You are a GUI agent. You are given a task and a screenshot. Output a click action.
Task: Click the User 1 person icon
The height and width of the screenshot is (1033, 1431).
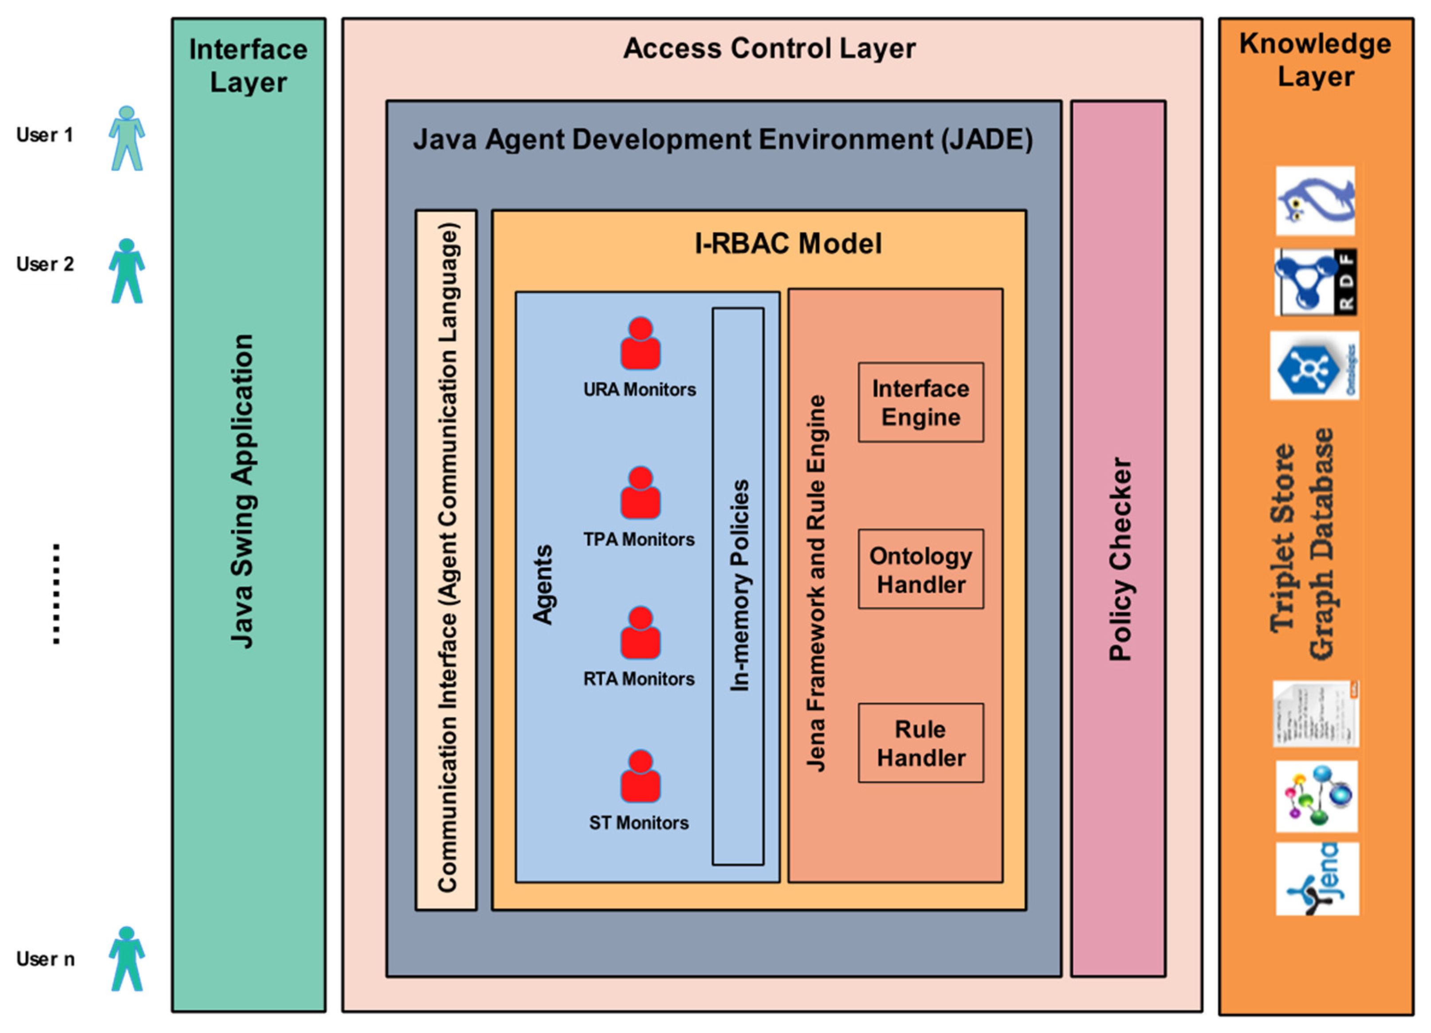pos(127,138)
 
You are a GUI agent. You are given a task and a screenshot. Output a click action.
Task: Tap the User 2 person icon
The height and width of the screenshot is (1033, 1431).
pos(127,271)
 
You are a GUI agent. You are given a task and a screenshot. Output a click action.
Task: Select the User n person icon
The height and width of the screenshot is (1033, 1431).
pos(127,958)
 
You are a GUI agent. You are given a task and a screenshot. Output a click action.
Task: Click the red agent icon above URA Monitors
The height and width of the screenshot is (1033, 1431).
pos(641,344)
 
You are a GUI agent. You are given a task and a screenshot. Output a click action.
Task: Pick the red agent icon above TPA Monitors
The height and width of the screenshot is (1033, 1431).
pos(641,493)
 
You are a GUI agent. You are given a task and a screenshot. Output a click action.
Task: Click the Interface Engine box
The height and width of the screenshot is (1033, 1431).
pos(920,402)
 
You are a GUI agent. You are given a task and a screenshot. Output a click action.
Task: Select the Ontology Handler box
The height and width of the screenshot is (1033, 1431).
pos(920,569)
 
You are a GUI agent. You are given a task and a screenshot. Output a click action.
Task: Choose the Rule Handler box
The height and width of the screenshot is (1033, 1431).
pos(920,743)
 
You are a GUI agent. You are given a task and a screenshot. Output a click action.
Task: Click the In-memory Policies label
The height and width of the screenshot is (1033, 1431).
pos(739,586)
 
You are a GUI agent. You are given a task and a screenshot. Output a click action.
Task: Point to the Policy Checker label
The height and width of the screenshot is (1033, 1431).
pos(1120,559)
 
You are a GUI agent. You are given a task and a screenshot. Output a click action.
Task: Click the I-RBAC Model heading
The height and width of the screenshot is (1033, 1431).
pos(788,244)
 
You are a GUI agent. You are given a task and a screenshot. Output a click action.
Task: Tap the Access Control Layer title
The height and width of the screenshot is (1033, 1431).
pos(769,49)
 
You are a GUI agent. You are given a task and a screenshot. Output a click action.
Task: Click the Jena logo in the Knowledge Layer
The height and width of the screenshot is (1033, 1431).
pos(1317,879)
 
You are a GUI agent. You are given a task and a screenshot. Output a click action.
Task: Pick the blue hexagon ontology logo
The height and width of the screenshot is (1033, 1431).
pos(1314,366)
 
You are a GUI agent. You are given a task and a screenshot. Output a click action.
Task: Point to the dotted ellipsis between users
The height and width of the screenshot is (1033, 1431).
pos(57,593)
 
